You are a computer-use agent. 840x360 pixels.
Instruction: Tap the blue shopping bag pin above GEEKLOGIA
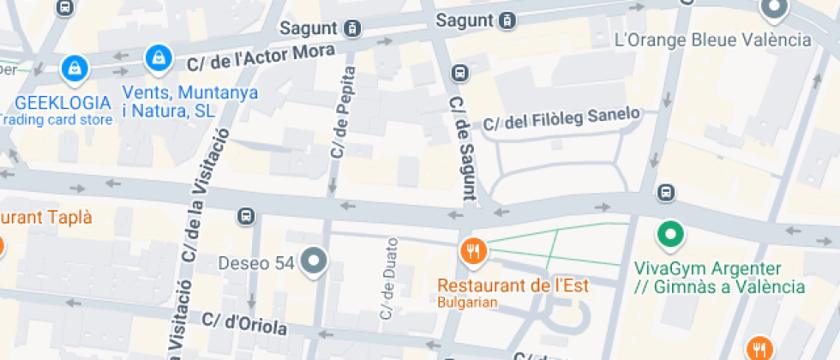point(75,67)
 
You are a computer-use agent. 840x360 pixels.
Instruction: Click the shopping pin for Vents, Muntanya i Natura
point(157,57)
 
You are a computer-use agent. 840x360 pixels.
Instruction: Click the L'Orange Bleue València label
point(713,39)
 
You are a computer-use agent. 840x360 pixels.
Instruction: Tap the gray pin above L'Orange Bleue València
point(774,9)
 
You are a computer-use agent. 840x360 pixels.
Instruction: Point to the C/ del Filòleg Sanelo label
point(561,119)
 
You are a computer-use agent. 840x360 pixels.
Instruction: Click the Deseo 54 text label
point(257,262)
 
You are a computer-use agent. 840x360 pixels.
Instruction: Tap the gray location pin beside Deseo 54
point(315,261)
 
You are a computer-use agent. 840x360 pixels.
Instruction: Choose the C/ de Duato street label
point(388,279)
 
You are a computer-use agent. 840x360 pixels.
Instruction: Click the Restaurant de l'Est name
point(513,285)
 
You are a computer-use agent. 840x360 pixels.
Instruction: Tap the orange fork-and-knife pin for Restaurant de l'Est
point(473,251)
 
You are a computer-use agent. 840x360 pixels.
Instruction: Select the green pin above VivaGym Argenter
point(670,233)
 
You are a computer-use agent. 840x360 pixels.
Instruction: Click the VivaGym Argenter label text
point(718,277)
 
